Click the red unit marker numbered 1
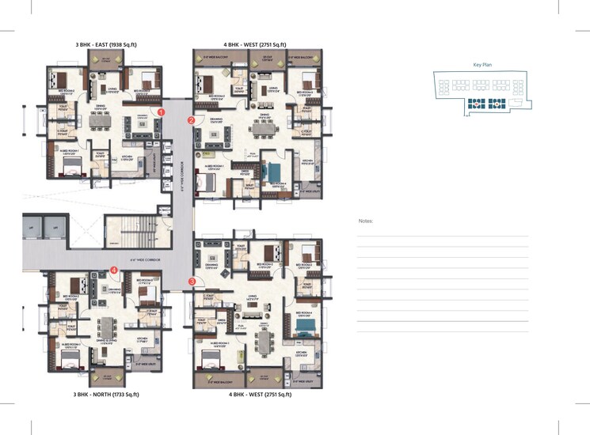click(161, 113)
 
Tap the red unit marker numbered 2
click(191, 120)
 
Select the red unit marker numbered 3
click(192, 281)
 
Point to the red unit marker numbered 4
click(115, 270)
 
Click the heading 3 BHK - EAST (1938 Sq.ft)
click(106, 45)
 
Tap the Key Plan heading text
click(483, 66)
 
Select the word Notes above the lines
click(365, 221)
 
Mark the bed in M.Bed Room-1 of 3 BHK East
click(72, 163)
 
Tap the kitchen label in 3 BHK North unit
click(142, 339)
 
